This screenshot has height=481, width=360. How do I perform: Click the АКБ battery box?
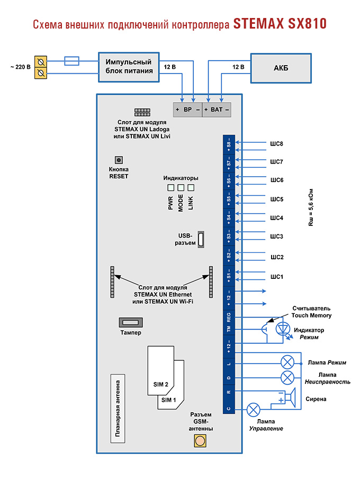point(281,67)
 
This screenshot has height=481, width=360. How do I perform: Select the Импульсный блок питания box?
point(129,67)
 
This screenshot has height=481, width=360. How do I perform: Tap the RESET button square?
point(119,160)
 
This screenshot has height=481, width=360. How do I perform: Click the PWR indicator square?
point(171,188)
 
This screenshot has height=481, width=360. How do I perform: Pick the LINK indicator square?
point(191,188)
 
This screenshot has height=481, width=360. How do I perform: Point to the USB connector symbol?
point(201,239)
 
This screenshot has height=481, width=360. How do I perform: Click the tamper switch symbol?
point(130,322)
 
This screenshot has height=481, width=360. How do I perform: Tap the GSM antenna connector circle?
point(201,440)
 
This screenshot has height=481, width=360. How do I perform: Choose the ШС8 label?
point(276,143)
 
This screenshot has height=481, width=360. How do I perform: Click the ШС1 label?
point(276,277)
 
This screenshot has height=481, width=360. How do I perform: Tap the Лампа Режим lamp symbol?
point(287,362)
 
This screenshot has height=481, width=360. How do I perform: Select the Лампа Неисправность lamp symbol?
point(287,377)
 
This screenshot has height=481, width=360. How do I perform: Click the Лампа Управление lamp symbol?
point(254,409)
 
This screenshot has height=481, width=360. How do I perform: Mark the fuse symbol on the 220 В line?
point(71,61)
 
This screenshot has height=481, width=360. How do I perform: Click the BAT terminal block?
point(217,110)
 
